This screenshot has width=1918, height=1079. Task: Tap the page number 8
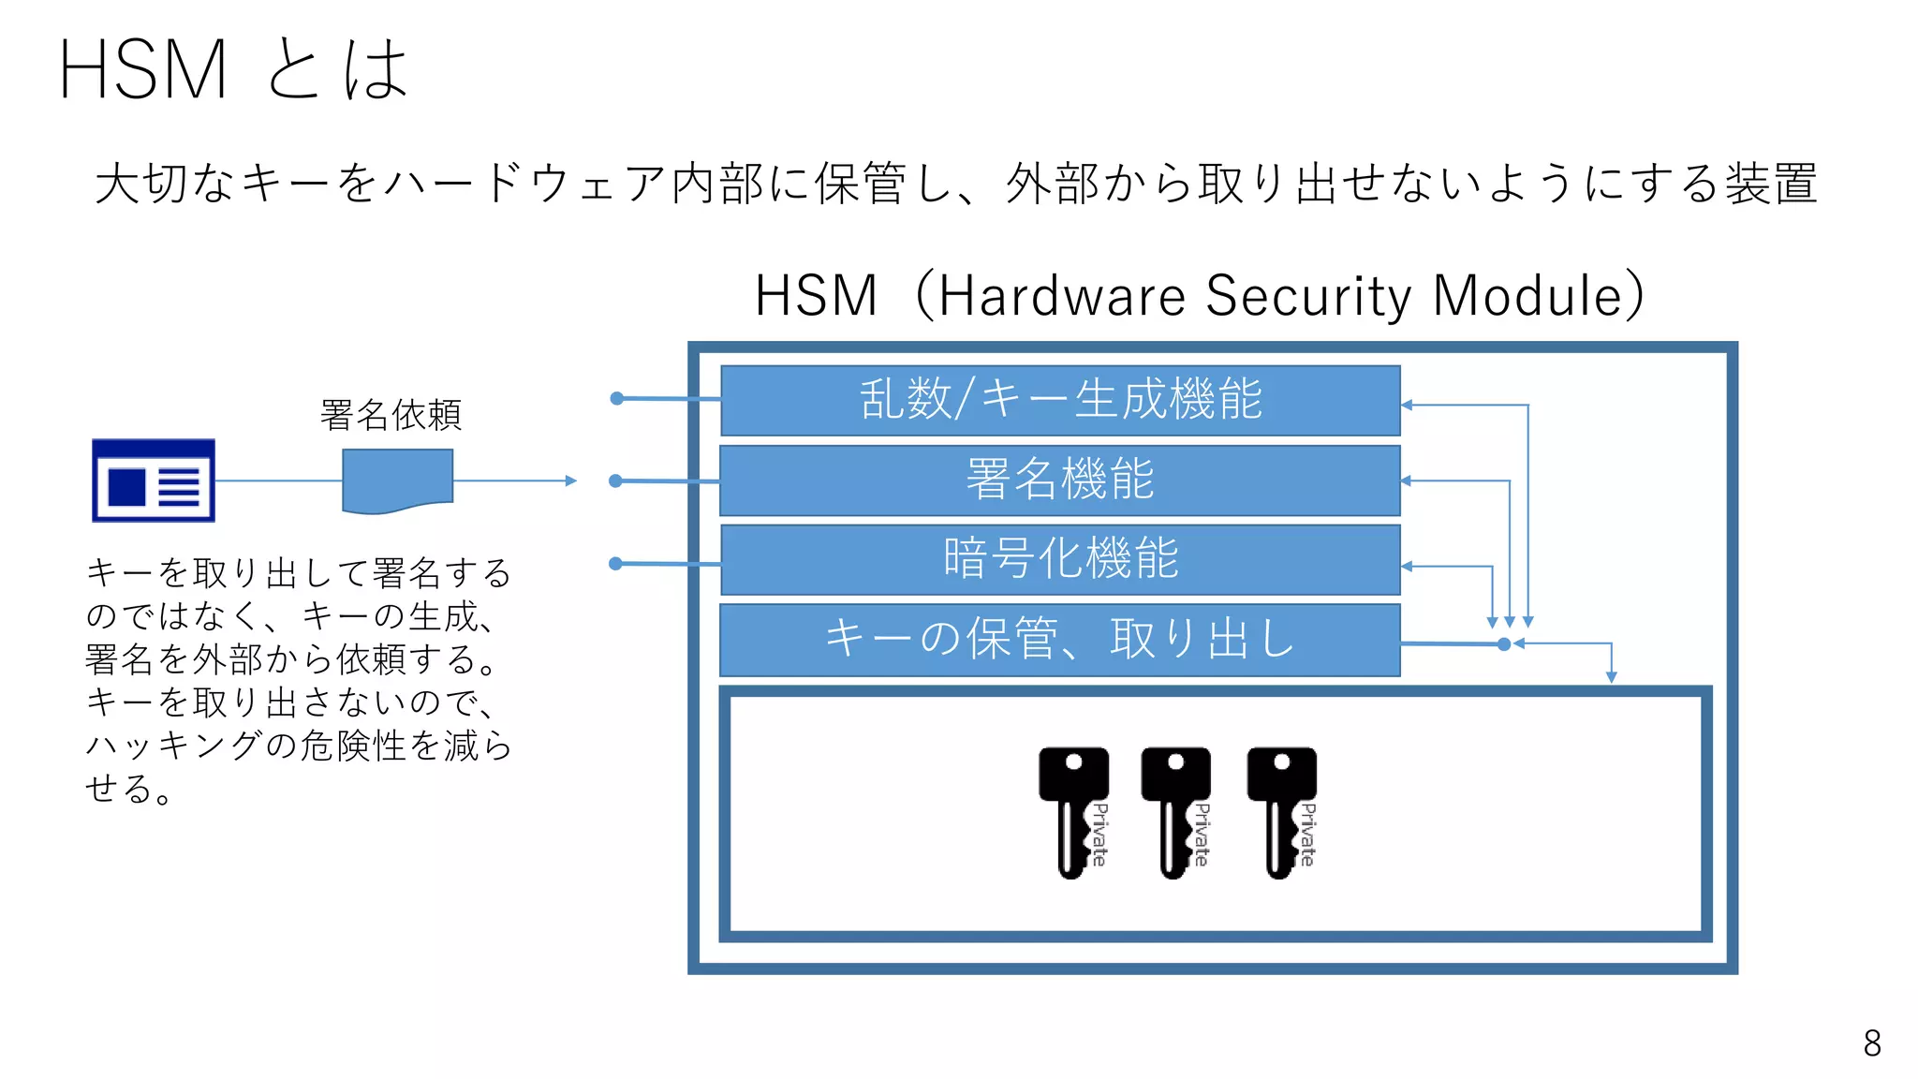coord(1871,1042)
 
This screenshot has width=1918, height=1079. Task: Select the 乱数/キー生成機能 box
coord(1060,400)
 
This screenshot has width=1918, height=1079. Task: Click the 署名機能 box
coord(1060,480)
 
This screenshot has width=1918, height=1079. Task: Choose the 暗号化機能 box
coord(1060,559)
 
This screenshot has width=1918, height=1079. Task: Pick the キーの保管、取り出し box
coord(1060,640)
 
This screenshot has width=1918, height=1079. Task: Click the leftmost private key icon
coord(1074,811)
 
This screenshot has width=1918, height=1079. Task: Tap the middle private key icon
coord(1176,811)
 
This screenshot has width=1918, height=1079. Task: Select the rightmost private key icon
coord(1282,811)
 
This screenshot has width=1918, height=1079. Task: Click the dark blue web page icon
coord(154,480)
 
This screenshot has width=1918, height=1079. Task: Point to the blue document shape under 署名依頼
coord(397,480)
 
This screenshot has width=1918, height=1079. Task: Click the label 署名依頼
coord(391,415)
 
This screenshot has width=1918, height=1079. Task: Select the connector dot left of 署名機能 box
coord(615,480)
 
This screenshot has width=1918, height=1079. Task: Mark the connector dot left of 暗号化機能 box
coord(615,563)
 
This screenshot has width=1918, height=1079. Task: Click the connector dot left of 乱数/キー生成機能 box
coord(616,398)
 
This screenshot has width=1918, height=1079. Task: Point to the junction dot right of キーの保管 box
coord(1504,644)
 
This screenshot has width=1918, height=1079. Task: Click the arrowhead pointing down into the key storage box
coord(1611,677)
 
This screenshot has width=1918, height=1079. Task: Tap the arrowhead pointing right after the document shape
coord(571,480)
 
